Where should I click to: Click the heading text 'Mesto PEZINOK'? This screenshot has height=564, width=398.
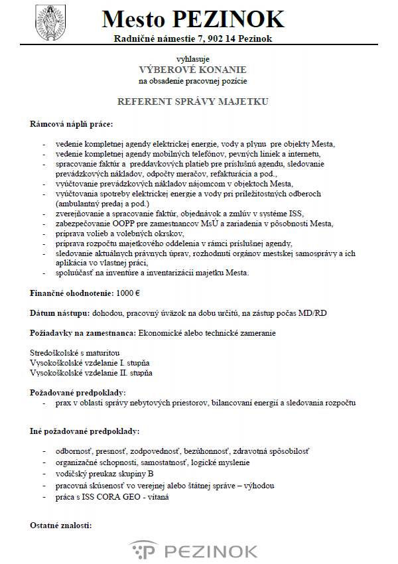tap(193, 20)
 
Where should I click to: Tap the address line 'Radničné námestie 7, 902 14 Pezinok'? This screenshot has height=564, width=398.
tap(192, 38)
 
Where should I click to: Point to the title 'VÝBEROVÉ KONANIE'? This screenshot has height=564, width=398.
tap(192, 70)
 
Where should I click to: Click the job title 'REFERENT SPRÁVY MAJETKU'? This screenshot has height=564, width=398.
tap(192, 102)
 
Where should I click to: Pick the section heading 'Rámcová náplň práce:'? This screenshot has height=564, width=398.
tap(72, 124)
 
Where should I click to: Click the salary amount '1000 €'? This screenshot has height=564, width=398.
tap(132, 293)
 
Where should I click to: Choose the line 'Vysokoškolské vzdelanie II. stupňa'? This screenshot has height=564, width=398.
tap(92, 372)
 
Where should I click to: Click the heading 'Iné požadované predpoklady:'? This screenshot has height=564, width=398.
tap(85, 431)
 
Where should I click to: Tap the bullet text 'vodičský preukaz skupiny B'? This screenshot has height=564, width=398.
tap(105, 474)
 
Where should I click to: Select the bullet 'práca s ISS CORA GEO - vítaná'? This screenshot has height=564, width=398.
tap(113, 496)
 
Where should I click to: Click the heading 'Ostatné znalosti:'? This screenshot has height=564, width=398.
tap(61, 526)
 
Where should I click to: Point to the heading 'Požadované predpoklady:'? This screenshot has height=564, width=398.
tap(78, 393)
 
